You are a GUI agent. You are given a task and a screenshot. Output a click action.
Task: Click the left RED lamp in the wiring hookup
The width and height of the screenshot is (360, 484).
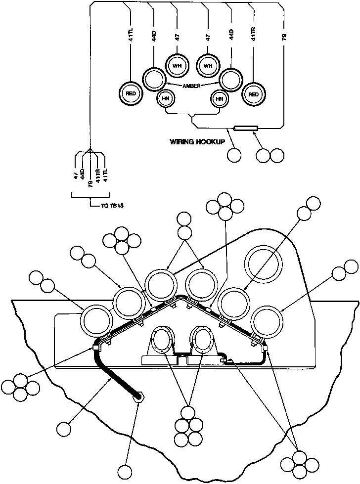click(x=131, y=93)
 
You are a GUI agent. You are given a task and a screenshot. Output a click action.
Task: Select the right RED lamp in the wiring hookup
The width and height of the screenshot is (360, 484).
click(x=254, y=93)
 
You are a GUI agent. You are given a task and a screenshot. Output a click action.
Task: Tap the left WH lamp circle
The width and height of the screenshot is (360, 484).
click(x=177, y=64)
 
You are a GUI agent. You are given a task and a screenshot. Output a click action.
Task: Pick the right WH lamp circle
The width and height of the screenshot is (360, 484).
click(x=208, y=64)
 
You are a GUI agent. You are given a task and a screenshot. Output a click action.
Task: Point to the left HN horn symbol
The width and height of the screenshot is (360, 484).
click(x=165, y=98)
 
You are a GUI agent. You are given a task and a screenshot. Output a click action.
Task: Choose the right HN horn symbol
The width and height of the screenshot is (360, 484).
click(x=219, y=98)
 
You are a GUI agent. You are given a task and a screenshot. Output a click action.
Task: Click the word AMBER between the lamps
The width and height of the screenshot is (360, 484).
click(x=192, y=86)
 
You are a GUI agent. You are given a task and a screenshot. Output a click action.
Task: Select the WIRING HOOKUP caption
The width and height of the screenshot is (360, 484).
click(x=197, y=141)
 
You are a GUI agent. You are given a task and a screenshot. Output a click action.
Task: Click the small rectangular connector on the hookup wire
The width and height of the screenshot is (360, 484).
click(x=245, y=129)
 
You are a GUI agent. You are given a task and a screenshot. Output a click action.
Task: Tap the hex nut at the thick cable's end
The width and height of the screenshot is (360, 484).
click(x=139, y=396)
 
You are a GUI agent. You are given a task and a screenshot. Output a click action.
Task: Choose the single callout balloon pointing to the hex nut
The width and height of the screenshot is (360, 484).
click(x=125, y=473)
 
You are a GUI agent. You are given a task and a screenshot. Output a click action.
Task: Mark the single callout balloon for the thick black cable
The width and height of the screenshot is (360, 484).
click(x=65, y=427)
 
